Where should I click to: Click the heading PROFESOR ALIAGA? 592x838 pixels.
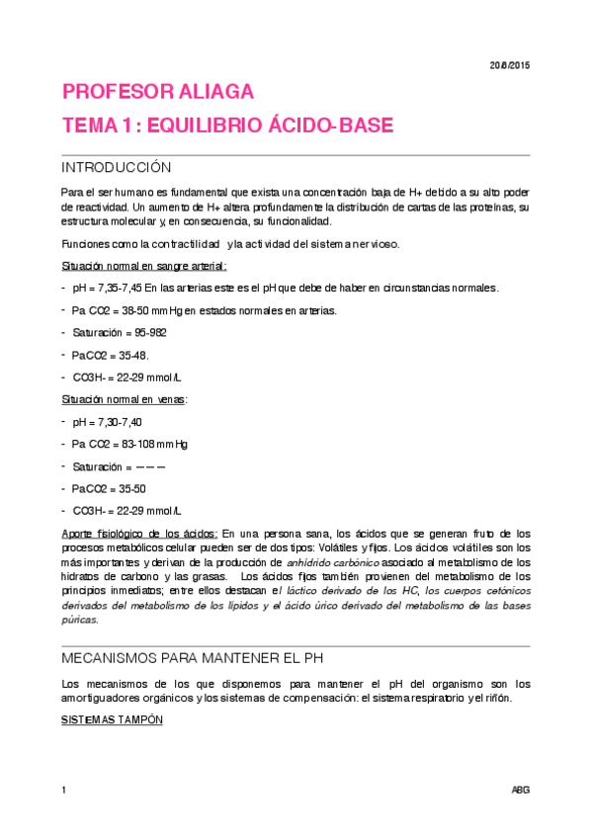pos(158,93)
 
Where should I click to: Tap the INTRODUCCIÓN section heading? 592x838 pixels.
pos(116,167)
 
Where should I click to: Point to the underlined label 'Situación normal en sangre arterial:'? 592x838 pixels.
pos(143,266)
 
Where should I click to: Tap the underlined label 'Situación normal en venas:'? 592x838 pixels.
pos(124,398)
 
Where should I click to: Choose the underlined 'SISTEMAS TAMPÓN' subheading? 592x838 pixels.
pos(105,720)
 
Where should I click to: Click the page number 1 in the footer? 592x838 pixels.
pos(63,791)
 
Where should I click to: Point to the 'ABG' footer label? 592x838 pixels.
pos(520,791)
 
